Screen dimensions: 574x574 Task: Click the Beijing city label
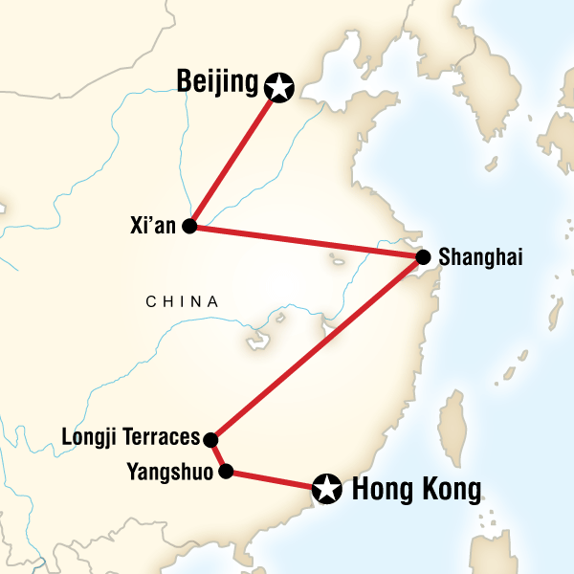point(218,82)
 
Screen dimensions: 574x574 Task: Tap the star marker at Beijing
point(278,87)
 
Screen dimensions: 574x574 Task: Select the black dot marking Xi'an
point(189,227)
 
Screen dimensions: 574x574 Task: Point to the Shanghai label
point(480,257)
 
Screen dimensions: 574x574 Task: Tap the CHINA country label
point(182,302)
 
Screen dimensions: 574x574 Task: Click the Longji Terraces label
point(130,439)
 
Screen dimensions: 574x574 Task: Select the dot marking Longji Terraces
point(211,440)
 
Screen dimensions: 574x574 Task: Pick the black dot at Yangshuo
point(226,471)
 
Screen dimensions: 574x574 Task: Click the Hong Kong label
point(416,491)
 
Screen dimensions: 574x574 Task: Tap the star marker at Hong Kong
point(327,491)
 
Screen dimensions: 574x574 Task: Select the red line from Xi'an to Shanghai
point(306,241)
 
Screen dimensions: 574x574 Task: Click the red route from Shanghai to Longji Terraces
point(316,349)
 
